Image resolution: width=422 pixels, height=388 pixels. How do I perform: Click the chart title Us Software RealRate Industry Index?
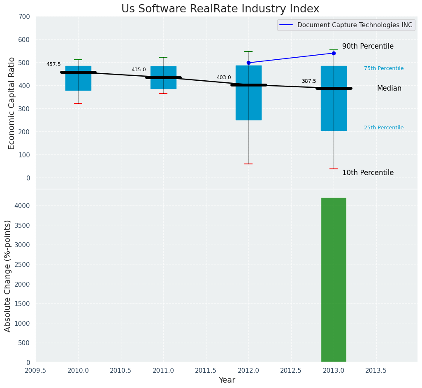click(220, 9)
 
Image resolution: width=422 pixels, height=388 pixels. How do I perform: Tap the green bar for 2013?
click(334, 280)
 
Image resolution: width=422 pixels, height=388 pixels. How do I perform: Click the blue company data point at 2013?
click(334, 53)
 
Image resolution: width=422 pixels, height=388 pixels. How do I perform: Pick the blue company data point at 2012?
click(248, 63)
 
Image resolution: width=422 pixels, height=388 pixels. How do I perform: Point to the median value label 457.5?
click(53, 64)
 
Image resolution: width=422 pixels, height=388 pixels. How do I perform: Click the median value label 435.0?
click(139, 70)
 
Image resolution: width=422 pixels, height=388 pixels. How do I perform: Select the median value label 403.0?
click(224, 77)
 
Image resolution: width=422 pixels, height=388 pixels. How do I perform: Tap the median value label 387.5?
click(309, 81)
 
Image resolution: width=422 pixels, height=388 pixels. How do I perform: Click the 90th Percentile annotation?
click(368, 47)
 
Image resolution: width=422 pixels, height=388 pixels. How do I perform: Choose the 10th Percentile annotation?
click(368, 173)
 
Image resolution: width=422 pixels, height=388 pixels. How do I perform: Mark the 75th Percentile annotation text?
click(384, 68)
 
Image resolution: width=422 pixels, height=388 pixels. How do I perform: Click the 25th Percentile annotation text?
click(384, 128)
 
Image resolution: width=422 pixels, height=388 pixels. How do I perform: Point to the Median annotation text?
click(389, 89)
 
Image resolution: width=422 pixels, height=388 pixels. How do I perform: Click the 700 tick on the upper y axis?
click(24, 16)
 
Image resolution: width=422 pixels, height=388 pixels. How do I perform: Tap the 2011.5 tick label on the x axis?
click(206, 370)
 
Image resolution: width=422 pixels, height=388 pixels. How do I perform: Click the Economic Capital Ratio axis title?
click(12, 103)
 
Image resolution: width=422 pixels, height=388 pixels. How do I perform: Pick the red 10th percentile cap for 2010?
click(78, 103)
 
